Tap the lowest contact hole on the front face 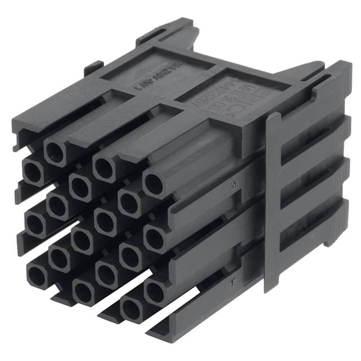click(x=131, y=309)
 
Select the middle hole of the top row click(x=105, y=168)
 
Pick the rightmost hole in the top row click(x=155, y=184)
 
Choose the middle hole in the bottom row click(x=83, y=292)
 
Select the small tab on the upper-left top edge click(x=93, y=68)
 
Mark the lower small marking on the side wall click(x=231, y=278)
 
